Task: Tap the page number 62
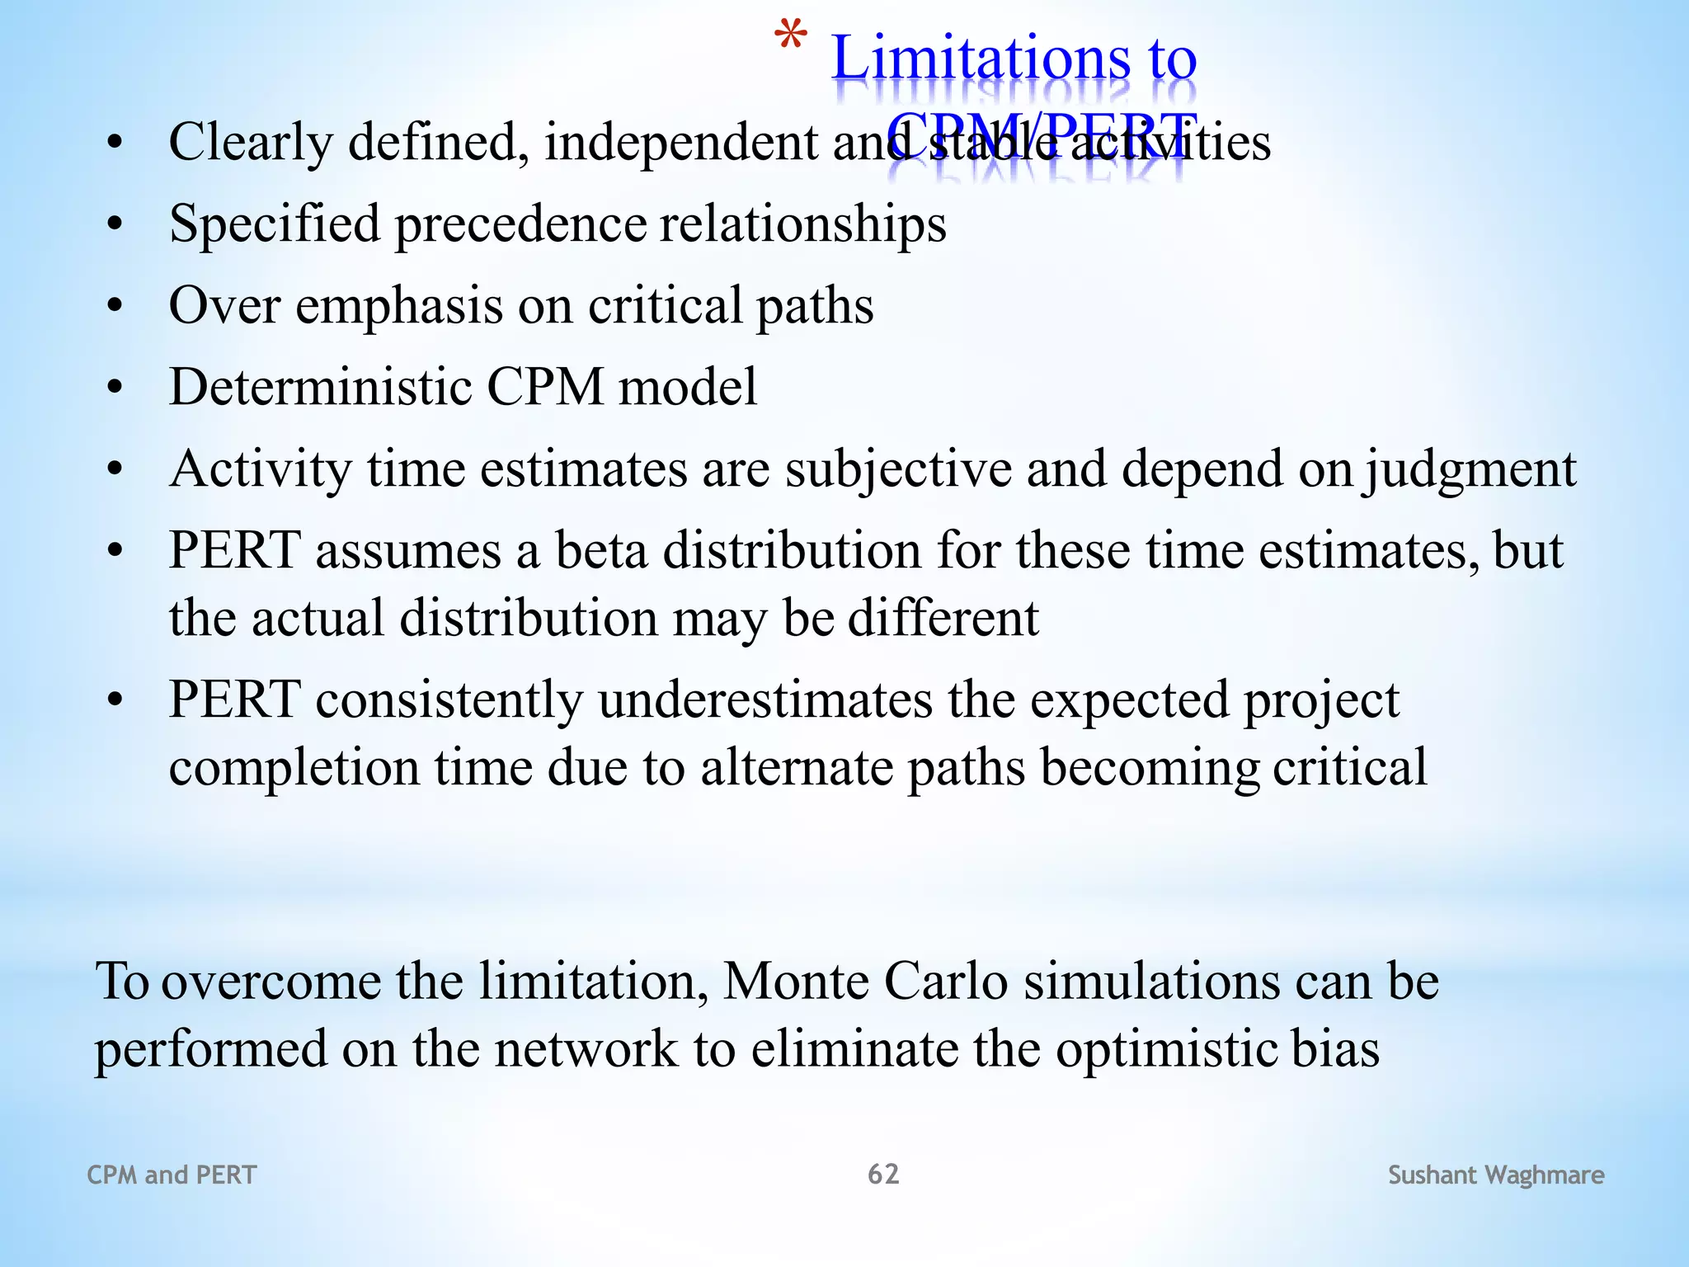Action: click(883, 1174)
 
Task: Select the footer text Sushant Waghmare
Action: click(1496, 1175)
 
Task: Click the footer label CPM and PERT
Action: click(172, 1175)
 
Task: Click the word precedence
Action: click(520, 224)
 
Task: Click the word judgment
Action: click(1469, 469)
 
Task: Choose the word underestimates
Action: click(765, 699)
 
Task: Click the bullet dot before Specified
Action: click(115, 224)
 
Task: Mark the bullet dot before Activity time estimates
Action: click(115, 469)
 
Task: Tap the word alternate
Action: click(797, 767)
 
